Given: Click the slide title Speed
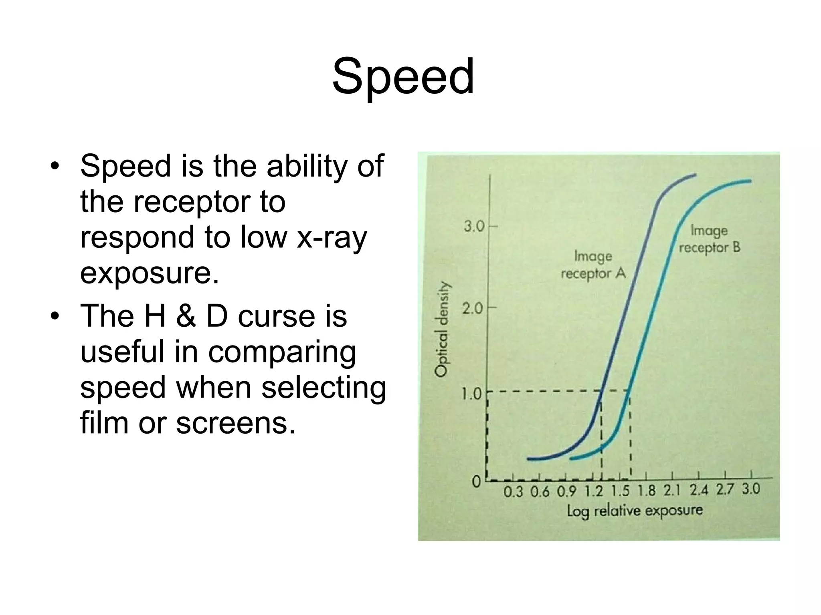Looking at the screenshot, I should click(403, 77).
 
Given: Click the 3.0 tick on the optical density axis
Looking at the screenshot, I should click(475, 227).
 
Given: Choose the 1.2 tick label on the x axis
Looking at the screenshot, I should click(594, 491).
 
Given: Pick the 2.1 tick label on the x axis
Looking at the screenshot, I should click(672, 490).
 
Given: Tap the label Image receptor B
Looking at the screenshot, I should click(709, 239).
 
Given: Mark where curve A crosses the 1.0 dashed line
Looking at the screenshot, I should click(601, 391).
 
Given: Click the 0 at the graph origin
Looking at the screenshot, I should click(476, 481).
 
